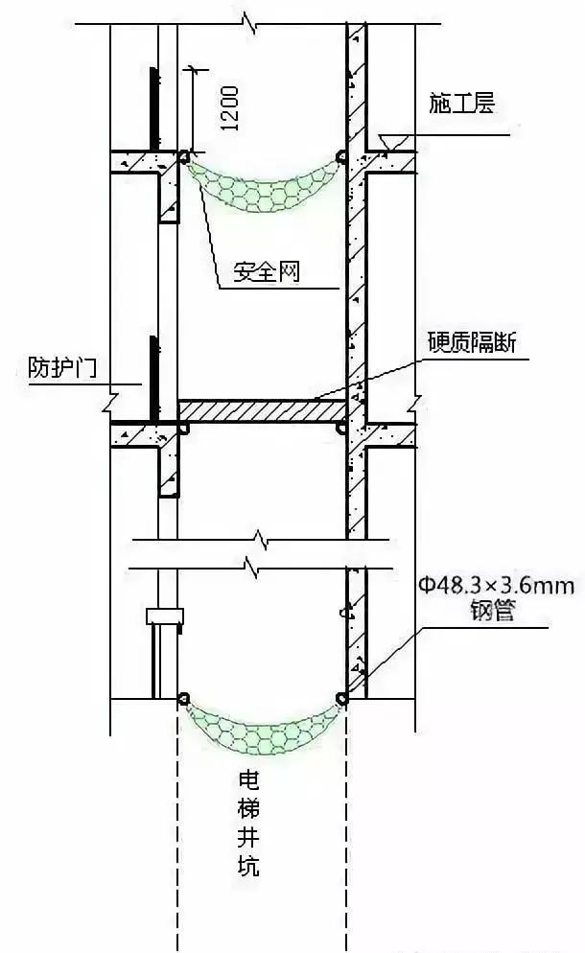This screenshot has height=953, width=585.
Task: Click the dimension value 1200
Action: (x=229, y=108)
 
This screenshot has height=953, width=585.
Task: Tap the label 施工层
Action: (x=461, y=103)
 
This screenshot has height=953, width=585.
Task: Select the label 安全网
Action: (x=267, y=271)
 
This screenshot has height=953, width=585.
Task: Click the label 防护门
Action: (x=62, y=367)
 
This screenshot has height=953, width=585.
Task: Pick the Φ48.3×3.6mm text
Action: (x=496, y=585)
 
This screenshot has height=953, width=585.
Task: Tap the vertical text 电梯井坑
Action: (x=248, y=823)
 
